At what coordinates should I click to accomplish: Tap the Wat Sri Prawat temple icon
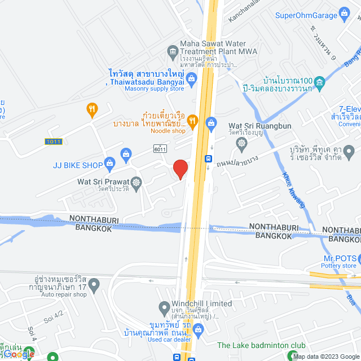pyautogui.click(x=136, y=182)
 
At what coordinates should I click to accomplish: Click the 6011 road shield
pyautogui.click(x=160, y=148)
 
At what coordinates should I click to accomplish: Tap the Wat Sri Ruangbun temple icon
pyautogui.click(x=242, y=144)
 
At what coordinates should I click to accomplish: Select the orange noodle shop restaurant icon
pyautogui.click(x=192, y=120)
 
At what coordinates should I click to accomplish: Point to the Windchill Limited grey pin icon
pyautogui.click(x=165, y=309)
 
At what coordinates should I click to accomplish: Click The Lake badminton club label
pyautogui.click(x=261, y=345)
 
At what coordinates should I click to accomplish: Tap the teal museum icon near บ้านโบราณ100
pyautogui.click(x=319, y=83)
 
